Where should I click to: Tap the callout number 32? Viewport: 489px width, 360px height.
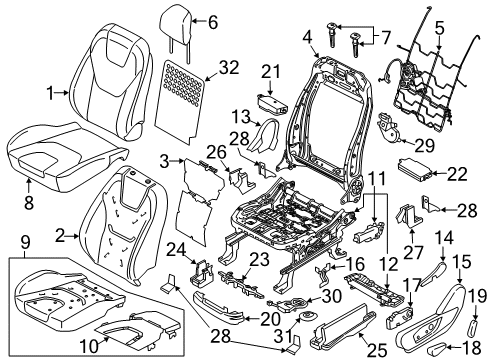point(229,67)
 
